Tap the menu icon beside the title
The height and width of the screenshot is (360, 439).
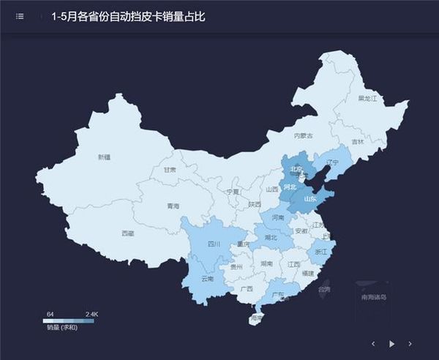click(20, 16)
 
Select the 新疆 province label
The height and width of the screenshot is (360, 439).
click(104, 157)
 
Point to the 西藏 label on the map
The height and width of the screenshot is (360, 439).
click(127, 233)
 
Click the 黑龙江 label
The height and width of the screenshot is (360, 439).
click(367, 97)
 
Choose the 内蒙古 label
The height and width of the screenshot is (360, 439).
click(303, 135)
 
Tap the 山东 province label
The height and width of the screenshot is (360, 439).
click(310, 198)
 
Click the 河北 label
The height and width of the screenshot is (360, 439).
click(290, 187)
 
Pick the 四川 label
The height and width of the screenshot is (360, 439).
click(214, 244)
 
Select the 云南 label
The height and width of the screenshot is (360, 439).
click(207, 279)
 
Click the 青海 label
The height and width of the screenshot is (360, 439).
click(172, 206)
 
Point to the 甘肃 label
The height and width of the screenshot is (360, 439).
click(170, 169)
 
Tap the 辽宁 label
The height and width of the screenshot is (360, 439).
click(333, 162)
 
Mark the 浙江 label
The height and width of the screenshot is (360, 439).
click(320, 251)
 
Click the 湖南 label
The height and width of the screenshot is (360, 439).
click(267, 263)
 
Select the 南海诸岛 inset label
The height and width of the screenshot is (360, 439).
click(373, 297)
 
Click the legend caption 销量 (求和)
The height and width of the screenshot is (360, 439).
click(62, 326)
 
